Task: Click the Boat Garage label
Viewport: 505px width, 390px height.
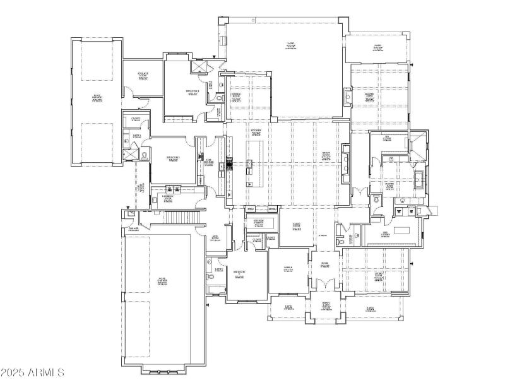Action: (97, 98)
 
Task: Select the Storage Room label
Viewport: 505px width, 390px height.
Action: (143, 76)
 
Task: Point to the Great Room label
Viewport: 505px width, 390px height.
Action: (326, 155)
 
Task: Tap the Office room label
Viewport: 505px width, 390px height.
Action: (288, 269)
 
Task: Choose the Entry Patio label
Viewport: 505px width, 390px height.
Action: (326, 306)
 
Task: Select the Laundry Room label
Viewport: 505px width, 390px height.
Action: (167, 198)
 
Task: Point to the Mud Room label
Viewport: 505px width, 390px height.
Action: (215, 238)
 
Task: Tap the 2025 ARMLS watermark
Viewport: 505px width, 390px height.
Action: (33, 372)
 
